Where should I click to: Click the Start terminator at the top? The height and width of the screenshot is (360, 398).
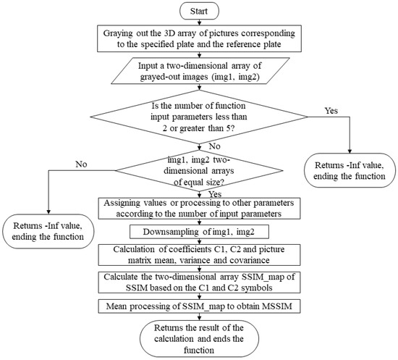[198, 12]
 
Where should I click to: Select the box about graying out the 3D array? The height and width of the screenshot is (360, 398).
[198, 41]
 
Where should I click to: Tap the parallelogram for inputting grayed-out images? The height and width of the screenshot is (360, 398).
[198, 74]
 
